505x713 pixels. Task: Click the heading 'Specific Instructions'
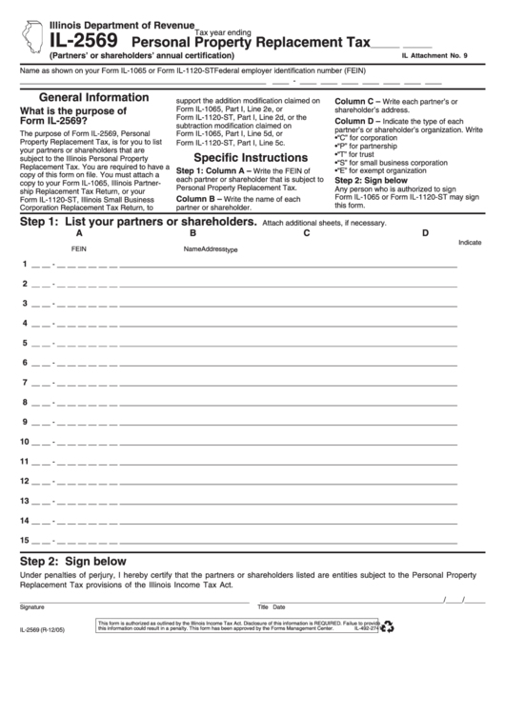click(251, 157)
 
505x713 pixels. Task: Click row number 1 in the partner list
click(25, 264)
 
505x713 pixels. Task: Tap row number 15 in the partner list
click(25, 540)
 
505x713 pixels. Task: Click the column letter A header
click(79, 233)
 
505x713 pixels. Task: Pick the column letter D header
click(425, 233)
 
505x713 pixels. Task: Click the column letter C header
click(307, 233)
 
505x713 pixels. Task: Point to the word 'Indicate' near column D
click(470, 243)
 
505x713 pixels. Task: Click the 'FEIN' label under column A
click(79, 248)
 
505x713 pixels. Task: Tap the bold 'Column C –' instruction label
click(356, 100)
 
